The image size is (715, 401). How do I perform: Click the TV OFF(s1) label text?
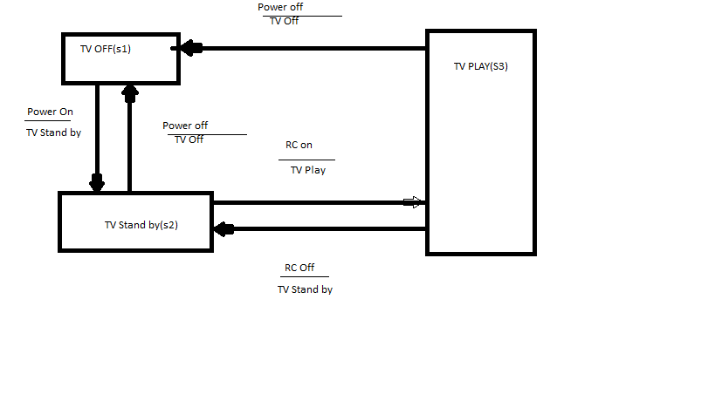106,49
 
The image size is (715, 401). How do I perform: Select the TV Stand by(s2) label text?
141,225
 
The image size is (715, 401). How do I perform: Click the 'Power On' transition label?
50,112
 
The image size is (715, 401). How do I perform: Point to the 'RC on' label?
299,146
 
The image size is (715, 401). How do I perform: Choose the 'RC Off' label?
299,268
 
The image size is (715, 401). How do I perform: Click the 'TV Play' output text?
308,170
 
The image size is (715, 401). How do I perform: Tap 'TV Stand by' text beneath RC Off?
305,289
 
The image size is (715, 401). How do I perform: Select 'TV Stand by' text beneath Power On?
53,133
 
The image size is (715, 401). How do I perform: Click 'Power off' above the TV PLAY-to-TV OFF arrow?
280,7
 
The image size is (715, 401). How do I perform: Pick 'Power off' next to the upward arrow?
185,126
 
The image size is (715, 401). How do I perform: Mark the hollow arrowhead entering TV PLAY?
413,202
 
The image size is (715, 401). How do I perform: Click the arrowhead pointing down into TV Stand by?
97,183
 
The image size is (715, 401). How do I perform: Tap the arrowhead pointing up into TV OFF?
130,89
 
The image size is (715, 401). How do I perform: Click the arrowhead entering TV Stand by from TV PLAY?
223,229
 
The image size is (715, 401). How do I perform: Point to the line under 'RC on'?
306,160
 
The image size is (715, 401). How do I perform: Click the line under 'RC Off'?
298,276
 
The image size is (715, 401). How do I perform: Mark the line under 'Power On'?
48,120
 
